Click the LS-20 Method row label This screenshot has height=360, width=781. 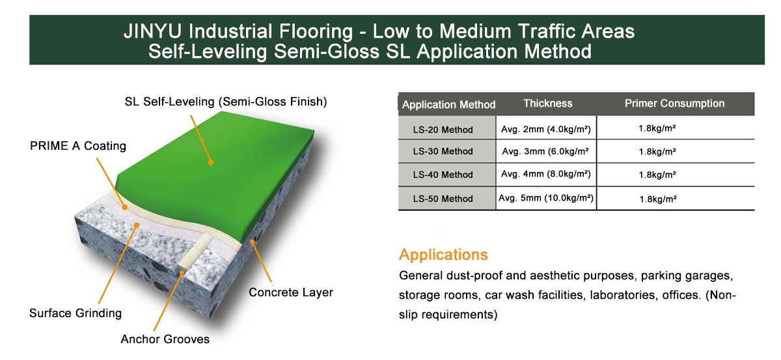[443, 130]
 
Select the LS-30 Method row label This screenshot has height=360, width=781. [443, 152]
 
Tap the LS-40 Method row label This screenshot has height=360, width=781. [443, 174]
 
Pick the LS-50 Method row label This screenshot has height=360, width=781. [443, 199]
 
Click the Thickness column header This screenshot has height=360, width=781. [548, 104]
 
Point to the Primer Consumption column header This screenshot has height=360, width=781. [674, 104]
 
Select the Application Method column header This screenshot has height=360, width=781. [448, 105]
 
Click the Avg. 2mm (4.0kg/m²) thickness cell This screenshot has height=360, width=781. [546, 130]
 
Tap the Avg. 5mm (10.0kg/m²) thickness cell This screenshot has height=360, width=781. [546, 198]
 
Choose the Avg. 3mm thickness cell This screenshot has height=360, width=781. [545, 152]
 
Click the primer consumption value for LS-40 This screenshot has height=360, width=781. [657, 174]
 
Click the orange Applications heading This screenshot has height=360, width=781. [443, 255]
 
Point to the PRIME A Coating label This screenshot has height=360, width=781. [77, 146]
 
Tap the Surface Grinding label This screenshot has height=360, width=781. [75, 313]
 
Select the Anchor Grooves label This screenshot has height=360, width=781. [165, 339]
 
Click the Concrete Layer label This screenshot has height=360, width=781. [291, 292]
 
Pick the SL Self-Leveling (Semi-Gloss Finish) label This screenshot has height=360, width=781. [226, 102]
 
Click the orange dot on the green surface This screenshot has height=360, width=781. [211, 163]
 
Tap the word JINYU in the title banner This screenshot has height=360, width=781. [153, 31]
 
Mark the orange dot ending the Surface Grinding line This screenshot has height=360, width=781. [137, 225]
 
